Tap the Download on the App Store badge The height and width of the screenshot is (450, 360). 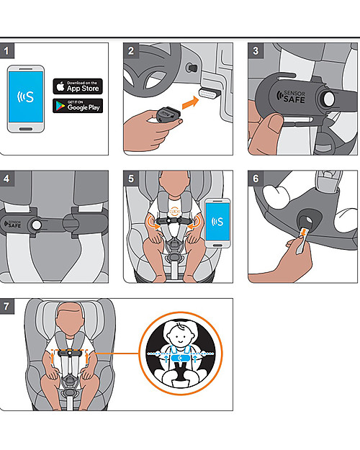pos(78,86)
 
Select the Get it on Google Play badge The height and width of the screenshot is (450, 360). pos(78,105)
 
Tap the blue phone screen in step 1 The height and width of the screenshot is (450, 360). pos(27,99)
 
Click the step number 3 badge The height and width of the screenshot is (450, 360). pos(256,52)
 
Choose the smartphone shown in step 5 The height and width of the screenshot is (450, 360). pos(217,224)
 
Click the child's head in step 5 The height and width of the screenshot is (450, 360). pos(173,189)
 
